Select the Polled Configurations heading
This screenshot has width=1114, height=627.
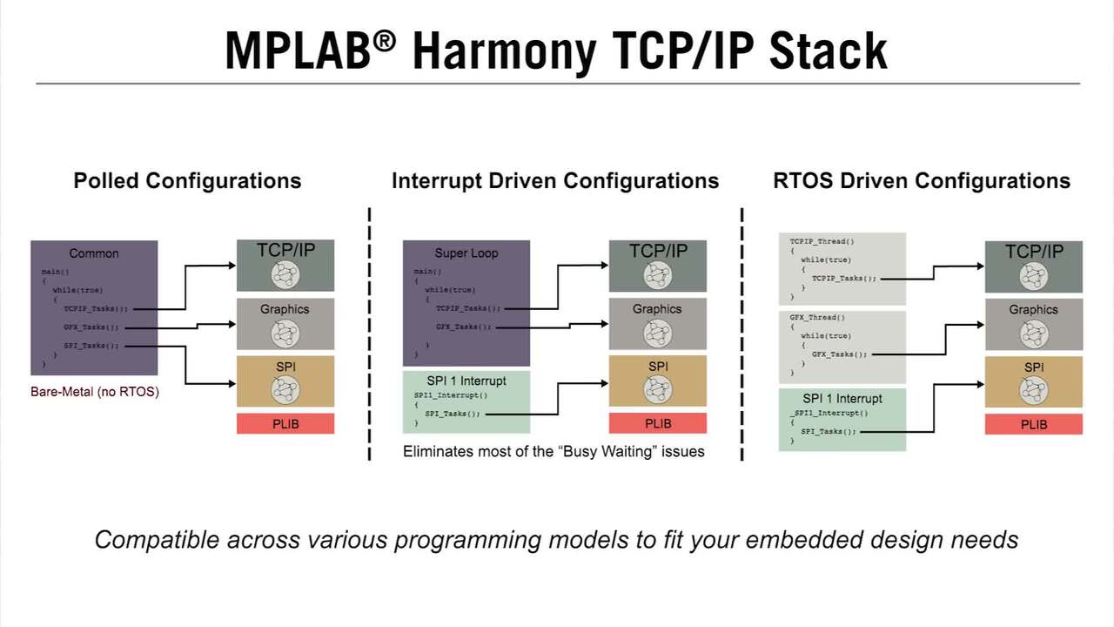click(187, 181)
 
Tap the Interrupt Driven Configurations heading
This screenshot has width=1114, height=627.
click(555, 181)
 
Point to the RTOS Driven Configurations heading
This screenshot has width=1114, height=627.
click(922, 181)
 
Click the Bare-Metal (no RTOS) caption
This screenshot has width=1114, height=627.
click(95, 392)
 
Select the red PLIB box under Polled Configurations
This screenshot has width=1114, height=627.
click(285, 424)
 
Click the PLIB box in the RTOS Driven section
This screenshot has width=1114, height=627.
click(1034, 425)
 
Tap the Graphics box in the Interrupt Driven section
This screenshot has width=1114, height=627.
click(657, 322)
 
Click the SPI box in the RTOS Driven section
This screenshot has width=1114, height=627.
click(1034, 381)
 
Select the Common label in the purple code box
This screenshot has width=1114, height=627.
click(94, 253)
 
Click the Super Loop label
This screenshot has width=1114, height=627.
click(466, 253)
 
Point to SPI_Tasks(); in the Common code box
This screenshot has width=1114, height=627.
click(91, 346)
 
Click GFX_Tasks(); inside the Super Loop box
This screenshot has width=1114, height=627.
click(464, 327)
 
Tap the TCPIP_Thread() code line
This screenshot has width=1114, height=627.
click(822, 241)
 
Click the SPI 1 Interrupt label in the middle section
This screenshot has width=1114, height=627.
click(466, 381)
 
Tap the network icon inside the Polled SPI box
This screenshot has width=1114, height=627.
click(285, 389)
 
